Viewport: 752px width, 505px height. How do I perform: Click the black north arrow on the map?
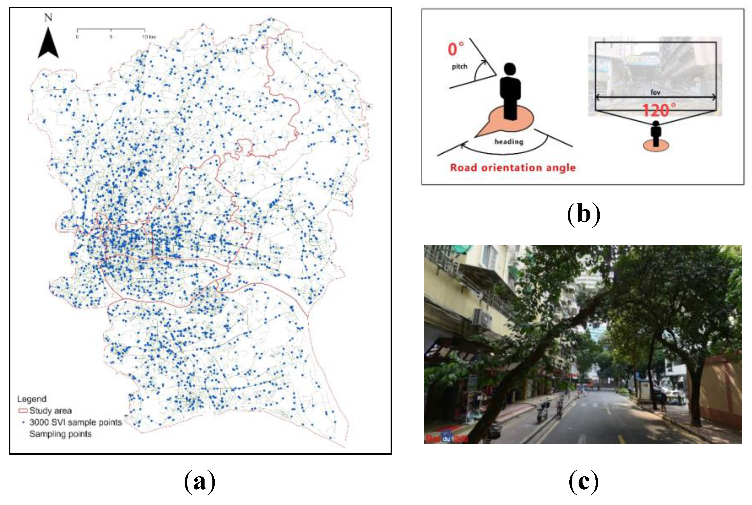point(48,44)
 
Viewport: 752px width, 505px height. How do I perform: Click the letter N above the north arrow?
point(48,17)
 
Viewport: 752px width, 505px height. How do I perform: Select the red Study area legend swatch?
point(23,411)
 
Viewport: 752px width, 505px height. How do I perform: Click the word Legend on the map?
point(31,399)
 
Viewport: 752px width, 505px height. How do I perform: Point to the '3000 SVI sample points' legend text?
point(75,422)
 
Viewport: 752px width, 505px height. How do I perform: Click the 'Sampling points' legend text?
point(61,434)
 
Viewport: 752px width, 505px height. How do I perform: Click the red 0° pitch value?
point(455,49)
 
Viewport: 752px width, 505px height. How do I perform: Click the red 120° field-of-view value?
point(659,110)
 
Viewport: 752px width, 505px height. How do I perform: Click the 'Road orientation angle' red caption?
point(513,167)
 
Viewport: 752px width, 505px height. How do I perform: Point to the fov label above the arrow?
point(655,92)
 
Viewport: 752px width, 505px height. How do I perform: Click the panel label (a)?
point(200,482)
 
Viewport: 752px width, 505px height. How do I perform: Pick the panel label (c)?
point(583,482)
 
